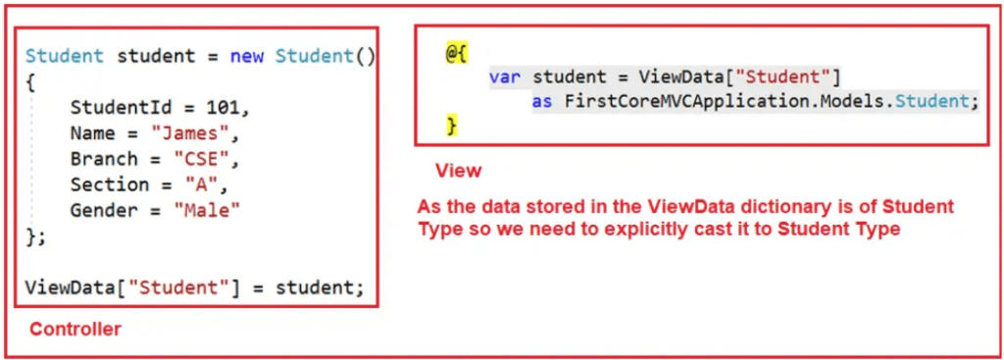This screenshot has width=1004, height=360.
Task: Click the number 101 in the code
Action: coord(233,108)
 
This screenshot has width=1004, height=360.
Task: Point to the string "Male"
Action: coord(207,210)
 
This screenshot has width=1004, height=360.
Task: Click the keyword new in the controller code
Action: coord(247,56)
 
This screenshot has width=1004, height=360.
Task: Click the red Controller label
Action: coord(75,330)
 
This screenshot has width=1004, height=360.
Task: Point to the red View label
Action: coord(458,171)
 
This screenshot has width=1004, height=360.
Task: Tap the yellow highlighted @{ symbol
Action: coord(456,53)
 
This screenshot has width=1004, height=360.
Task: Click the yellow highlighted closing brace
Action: coord(451,126)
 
